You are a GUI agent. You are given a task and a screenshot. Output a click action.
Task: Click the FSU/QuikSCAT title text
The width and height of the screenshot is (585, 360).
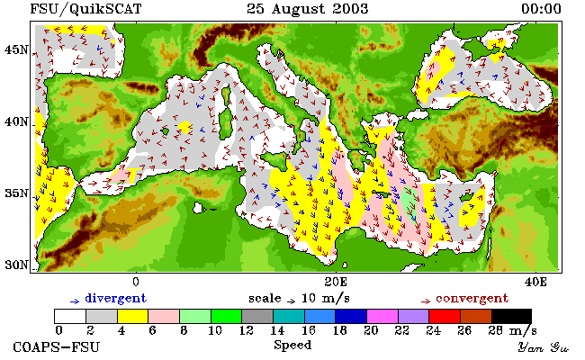pyautogui.click(x=85, y=9)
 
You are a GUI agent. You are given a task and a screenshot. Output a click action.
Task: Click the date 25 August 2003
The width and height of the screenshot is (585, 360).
pyautogui.click(x=308, y=9)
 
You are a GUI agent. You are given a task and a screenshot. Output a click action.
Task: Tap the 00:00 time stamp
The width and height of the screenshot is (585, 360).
pyautogui.click(x=541, y=9)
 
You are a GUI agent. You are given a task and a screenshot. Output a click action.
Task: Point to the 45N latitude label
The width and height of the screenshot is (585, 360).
pyautogui.click(x=16, y=49)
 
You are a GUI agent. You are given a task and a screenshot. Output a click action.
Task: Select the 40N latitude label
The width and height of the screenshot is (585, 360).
pyautogui.click(x=16, y=121)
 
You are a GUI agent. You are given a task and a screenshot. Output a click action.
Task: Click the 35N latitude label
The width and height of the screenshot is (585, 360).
pyautogui.click(x=16, y=193)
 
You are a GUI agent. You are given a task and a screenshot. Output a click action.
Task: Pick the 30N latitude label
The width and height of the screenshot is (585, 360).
pyautogui.click(x=16, y=265)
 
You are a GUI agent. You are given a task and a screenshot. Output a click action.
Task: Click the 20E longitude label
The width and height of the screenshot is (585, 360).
pyautogui.click(x=336, y=282)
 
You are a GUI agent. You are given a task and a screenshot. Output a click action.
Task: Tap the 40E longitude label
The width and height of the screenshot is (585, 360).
pyautogui.click(x=535, y=282)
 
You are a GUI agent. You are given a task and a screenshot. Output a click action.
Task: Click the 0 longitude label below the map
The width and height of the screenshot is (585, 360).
pyautogui.click(x=136, y=282)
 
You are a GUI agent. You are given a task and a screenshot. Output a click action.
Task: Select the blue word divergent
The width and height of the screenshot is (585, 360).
pyautogui.click(x=116, y=299)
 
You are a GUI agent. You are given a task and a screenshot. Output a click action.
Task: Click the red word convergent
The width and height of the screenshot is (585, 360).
pyautogui.click(x=472, y=299)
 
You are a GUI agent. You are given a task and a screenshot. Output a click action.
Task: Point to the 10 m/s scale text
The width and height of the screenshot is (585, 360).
pyautogui.click(x=325, y=299)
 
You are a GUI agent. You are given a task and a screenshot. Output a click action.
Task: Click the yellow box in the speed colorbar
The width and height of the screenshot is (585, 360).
pyautogui.click(x=133, y=316)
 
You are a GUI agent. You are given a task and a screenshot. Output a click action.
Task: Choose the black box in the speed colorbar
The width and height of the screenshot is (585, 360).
pyautogui.click(x=511, y=316)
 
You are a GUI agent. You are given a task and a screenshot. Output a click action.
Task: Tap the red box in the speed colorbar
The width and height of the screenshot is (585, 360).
pyautogui.click(x=445, y=316)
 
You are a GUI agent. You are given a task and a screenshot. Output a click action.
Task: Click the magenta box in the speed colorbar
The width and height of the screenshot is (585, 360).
pyautogui.click(x=382, y=316)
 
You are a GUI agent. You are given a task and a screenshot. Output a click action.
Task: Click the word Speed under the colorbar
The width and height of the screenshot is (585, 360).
pyautogui.click(x=292, y=345)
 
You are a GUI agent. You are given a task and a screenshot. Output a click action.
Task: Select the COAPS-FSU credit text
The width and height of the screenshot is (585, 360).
pyautogui.click(x=57, y=346)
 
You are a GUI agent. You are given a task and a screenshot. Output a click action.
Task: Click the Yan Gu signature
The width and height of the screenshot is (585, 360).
pyautogui.click(x=544, y=347)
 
